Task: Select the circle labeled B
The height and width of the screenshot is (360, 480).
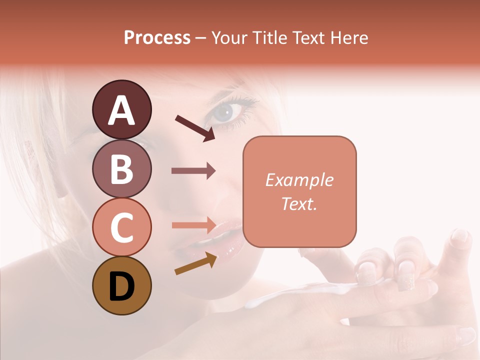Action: point(121,168)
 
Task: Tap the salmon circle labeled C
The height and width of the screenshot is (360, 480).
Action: point(121,227)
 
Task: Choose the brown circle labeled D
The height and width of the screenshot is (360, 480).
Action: point(121,285)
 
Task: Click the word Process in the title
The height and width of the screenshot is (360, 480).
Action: point(157,37)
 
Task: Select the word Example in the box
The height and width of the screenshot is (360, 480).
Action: point(299,180)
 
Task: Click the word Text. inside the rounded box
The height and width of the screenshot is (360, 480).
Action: point(299,203)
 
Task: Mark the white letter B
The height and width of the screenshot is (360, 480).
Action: point(121,169)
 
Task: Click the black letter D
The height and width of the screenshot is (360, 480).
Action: point(121,286)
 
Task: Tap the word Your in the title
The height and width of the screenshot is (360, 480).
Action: point(228,37)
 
